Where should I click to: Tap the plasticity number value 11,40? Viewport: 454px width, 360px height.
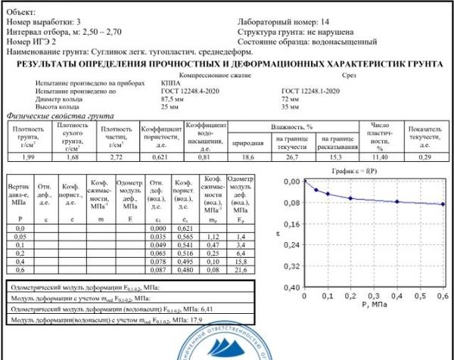click(x=380, y=156)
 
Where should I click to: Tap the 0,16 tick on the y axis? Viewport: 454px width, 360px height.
click(x=291, y=225)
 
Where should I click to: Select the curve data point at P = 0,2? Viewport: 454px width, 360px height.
click(x=350, y=198)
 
